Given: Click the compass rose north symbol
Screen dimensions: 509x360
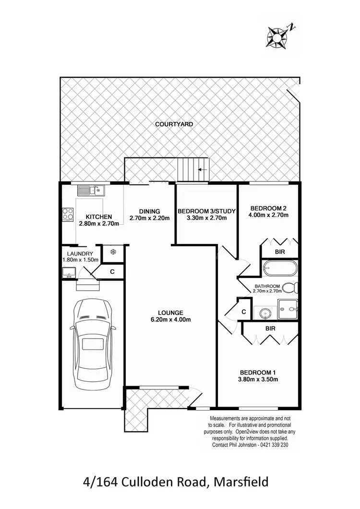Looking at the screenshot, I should point(277,35).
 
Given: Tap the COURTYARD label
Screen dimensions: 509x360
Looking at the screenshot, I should point(174,124).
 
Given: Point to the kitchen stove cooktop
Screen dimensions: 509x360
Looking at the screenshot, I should point(67,214).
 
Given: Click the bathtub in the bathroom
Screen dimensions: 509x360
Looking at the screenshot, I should point(280,267).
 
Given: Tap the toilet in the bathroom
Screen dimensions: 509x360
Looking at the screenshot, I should point(290,288).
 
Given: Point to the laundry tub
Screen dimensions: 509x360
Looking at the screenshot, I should point(68,274).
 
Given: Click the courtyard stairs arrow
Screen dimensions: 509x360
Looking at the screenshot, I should point(203,170).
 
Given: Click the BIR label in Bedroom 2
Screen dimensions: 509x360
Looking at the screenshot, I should point(279,251).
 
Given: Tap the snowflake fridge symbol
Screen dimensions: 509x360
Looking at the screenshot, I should point(113,252).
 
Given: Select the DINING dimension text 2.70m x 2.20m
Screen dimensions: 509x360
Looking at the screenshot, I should point(150,218).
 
